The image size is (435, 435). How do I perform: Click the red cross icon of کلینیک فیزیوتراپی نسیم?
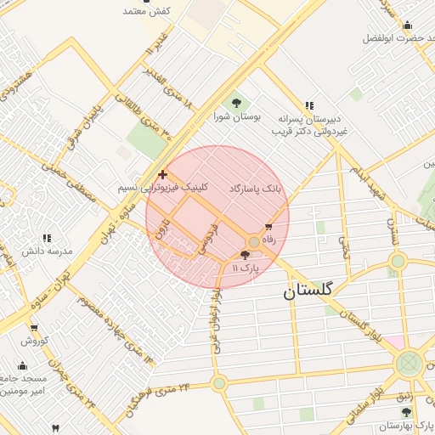(163, 174)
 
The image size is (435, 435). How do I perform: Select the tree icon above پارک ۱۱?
(246, 255)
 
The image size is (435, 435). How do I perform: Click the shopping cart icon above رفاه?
(269, 227)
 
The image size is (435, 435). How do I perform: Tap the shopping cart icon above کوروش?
(34, 329)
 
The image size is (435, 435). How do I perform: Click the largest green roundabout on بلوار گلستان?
(409, 364)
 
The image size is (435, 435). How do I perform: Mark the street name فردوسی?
(208, 239)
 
